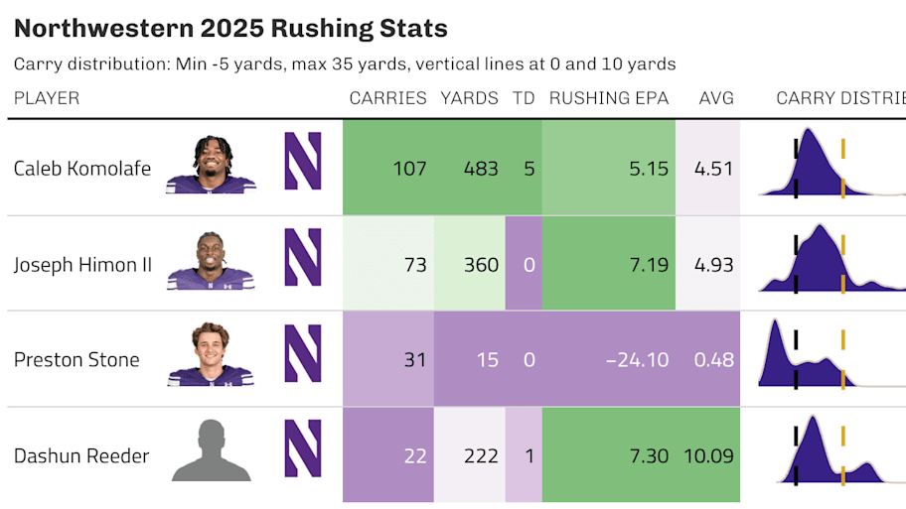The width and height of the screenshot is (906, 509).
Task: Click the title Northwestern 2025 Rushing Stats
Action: point(230,29)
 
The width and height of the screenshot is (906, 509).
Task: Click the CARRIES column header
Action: point(387,98)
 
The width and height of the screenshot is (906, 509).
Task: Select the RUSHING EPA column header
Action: point(609,98)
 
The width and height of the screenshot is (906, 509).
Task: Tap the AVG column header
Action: point(716,98)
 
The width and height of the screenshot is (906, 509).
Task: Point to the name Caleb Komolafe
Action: point(82,169)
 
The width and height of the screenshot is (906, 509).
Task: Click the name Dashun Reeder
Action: point(81,456)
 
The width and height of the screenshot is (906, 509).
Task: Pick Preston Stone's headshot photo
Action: point(210,354)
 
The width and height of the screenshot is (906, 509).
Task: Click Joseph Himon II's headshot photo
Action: point(210,261)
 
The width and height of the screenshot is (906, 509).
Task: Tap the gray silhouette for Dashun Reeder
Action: point(210,451)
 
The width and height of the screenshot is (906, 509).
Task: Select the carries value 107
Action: point(409,169)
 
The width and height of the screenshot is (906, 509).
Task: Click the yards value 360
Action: point(481,265)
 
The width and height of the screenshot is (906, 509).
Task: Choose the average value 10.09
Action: point(708,456)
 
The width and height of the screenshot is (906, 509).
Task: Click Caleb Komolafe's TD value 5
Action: point(528,169)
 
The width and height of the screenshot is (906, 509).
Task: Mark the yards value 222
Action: point(481,456)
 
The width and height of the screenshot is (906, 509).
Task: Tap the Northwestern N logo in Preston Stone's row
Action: point(303,354)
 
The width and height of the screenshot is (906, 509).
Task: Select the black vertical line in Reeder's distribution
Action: point(796,456)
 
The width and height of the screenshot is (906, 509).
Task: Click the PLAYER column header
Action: point(47,98)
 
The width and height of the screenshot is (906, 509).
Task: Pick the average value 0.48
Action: point(714,360)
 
